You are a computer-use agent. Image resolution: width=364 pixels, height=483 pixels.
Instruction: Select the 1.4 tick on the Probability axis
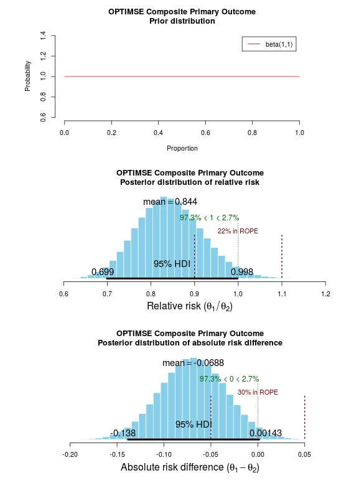click(x=43, y=35)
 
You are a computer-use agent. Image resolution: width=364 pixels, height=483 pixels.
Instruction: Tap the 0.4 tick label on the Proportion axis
click(x=158, y=133)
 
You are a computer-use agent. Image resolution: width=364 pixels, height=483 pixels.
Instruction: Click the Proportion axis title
click(x=182, y=149)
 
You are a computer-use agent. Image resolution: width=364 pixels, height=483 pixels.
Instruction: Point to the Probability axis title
click(x=28, y=76)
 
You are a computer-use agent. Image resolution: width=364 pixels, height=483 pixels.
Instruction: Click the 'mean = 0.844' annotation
click(x=170, y=202)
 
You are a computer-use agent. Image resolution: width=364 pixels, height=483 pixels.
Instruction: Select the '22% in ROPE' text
click(x=238, y=231)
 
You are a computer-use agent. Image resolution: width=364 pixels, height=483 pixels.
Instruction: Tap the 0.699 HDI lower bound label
click(x=103, y=272)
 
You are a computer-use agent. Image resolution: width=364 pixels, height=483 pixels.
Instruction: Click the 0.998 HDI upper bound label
click(x=242, y=272)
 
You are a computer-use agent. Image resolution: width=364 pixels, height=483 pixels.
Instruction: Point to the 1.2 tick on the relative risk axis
click(x=325, y=294)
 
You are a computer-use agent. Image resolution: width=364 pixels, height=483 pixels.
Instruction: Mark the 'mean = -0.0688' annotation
click(x=193, y=363)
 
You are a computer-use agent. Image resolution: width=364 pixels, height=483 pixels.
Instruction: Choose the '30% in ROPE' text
click(x=258, y=392)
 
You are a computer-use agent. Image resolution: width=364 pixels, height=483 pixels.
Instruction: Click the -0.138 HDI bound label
click(x=123, y=433)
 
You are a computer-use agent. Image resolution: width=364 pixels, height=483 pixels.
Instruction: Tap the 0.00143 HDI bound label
click(x=266, y=433)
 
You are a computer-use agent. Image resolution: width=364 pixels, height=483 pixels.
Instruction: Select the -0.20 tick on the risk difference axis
click(x=70, y=454)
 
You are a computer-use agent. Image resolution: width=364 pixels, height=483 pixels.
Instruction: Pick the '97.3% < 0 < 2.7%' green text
click(x=229, y=379)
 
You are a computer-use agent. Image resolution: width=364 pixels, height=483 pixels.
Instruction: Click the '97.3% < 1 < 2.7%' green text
click(x=210, y=218)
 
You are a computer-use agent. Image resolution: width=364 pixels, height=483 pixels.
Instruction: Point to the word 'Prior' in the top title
click(x=159, y=21)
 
